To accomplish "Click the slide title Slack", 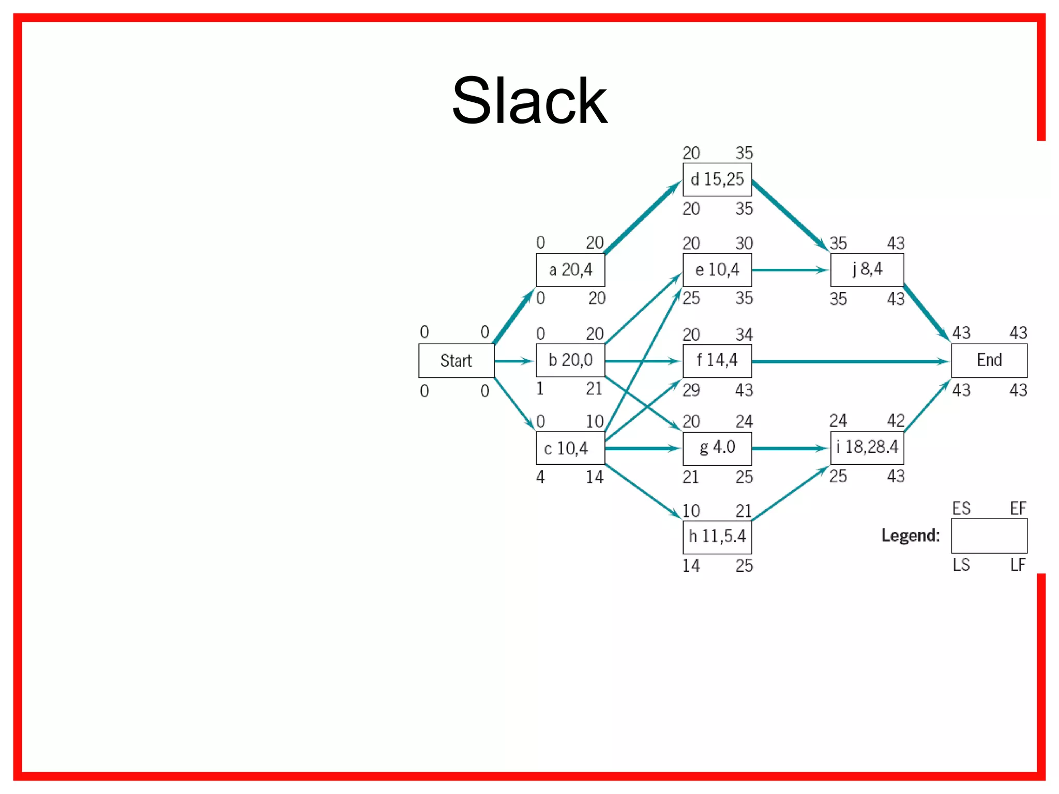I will click(x=529, y=101).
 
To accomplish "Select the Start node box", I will click(x=456, y=361).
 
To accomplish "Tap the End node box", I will click(x=989, y=360).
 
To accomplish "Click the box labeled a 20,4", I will click(x=570, y=270).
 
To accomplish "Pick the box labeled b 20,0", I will click(x=570, y=360).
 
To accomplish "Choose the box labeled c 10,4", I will click(x=570, y=448).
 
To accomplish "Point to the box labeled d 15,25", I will click(x=717, y=179).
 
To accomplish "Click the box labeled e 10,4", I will click(x=717, y=270).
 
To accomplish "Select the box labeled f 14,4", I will click(x=717, y=360).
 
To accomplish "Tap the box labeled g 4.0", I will click(x=717, y=448).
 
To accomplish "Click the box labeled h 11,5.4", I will click(x=717, y=537).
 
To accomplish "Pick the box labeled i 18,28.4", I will click(x=867, y=448).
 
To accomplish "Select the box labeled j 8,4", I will click(x=867, y=269).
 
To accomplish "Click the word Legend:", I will click(x=910, y=536).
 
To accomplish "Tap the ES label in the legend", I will click(x=961, y=509).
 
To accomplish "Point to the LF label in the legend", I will click(x=1018, y=565).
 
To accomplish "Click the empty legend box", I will click(x=989, y=536).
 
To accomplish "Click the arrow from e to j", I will click(x=790, y=270).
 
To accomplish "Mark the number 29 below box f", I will click(x=691, y=390).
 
